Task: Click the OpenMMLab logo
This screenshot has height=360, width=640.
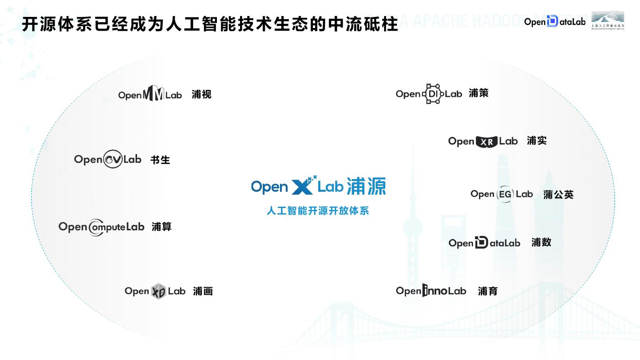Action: point(150,94)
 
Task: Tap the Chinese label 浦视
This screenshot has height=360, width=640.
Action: point(201,94)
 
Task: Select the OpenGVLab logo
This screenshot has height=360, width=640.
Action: point(108,160)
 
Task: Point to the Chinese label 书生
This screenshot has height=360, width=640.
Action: point(160,160)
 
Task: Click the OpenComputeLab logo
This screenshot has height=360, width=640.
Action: point(101,227)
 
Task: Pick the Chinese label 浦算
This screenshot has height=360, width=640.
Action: point(161,227)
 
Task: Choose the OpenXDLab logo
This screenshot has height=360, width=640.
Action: point(155,291)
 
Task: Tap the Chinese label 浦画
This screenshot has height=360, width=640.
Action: point(203,291)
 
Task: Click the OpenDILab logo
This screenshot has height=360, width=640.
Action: point(429,94)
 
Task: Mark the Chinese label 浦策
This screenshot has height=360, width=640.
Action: point(479,93)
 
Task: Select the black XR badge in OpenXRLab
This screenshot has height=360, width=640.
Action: point(486,142)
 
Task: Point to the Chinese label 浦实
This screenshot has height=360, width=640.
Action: point(536,140)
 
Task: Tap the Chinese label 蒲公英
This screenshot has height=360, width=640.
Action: point(558,195)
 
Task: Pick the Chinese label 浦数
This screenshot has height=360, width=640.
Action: point(541,242)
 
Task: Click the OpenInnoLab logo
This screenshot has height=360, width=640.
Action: point(431,291)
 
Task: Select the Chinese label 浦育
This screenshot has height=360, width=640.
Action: point(488,291)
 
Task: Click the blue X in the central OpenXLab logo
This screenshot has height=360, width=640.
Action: point(303,186)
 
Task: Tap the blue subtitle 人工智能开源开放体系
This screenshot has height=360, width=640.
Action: point(318,210)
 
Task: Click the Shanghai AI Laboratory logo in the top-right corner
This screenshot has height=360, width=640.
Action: point(608,20)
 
